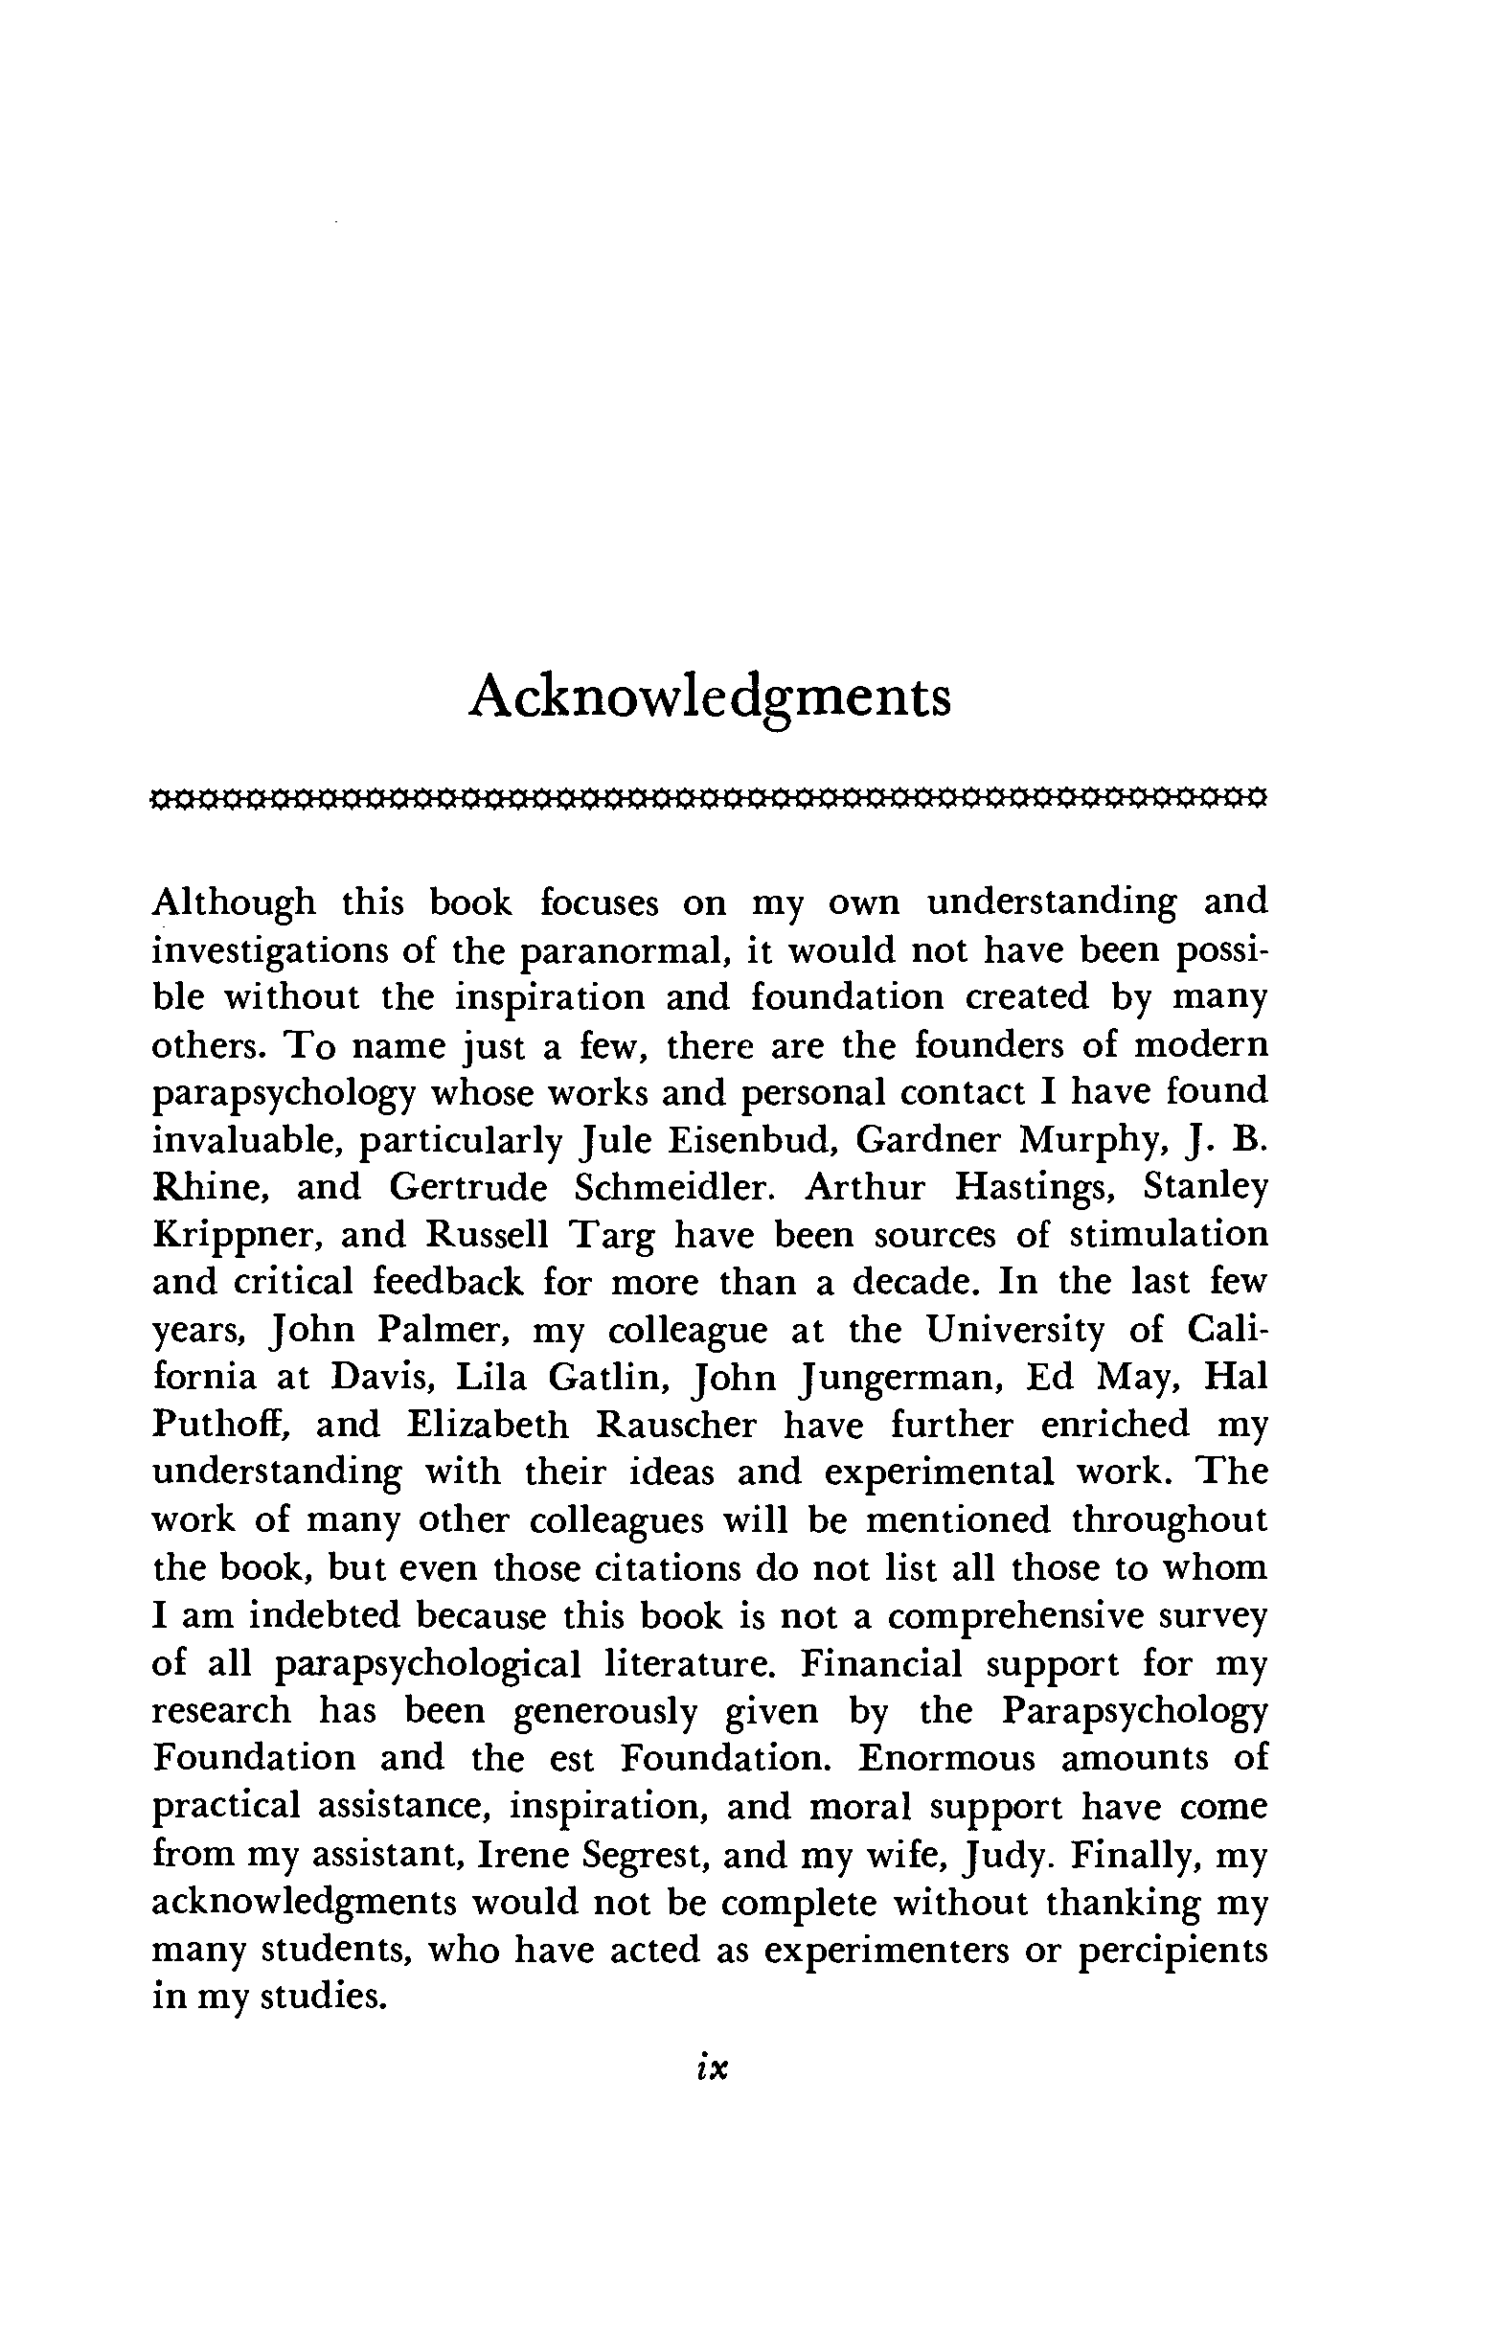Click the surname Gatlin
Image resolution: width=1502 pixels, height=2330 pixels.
click(606, 1377)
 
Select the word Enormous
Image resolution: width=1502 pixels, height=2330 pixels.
click(946, 1758)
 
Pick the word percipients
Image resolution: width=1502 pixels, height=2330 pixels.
click(1172, 1950)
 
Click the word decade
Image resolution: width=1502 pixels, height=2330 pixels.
click(914, 1282)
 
